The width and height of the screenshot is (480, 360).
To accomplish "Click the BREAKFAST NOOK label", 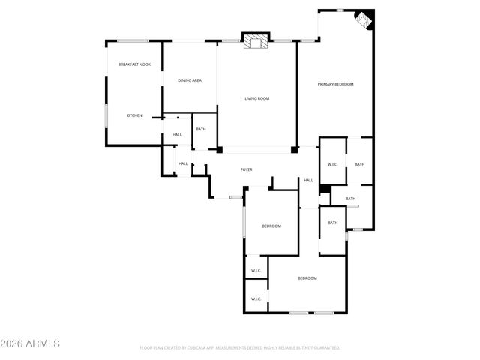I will (x=134, y=64).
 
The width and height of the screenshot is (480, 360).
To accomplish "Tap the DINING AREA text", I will (x=189, y=80).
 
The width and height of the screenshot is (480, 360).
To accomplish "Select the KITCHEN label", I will (x=134, y=115).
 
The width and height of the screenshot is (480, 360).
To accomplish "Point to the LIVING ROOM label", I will (x=257, y=98).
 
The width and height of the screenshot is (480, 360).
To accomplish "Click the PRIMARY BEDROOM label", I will (x=335, y=84).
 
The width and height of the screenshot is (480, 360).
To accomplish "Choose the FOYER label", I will (x=246, y=170).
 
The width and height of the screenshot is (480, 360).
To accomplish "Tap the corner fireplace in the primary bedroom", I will (x=364, y=19).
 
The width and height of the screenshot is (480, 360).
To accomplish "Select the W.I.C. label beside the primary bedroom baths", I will (x=333, y=164).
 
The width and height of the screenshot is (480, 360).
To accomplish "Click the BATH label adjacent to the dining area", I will (x=201, y=129).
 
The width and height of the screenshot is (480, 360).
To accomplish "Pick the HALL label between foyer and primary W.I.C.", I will (x=308, y=181).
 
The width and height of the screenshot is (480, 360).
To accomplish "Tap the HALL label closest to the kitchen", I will (x=177, y=135).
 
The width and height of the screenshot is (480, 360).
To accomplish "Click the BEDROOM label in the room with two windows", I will (x=307, y=278).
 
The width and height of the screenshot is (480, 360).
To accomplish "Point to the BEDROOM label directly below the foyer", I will (x=271, y=226).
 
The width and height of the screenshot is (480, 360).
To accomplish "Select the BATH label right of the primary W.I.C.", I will (x=359, y=164).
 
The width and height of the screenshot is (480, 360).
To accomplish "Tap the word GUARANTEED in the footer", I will (x=325, y=348).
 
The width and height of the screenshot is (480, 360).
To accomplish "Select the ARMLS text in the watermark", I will (x=45, y=343).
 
